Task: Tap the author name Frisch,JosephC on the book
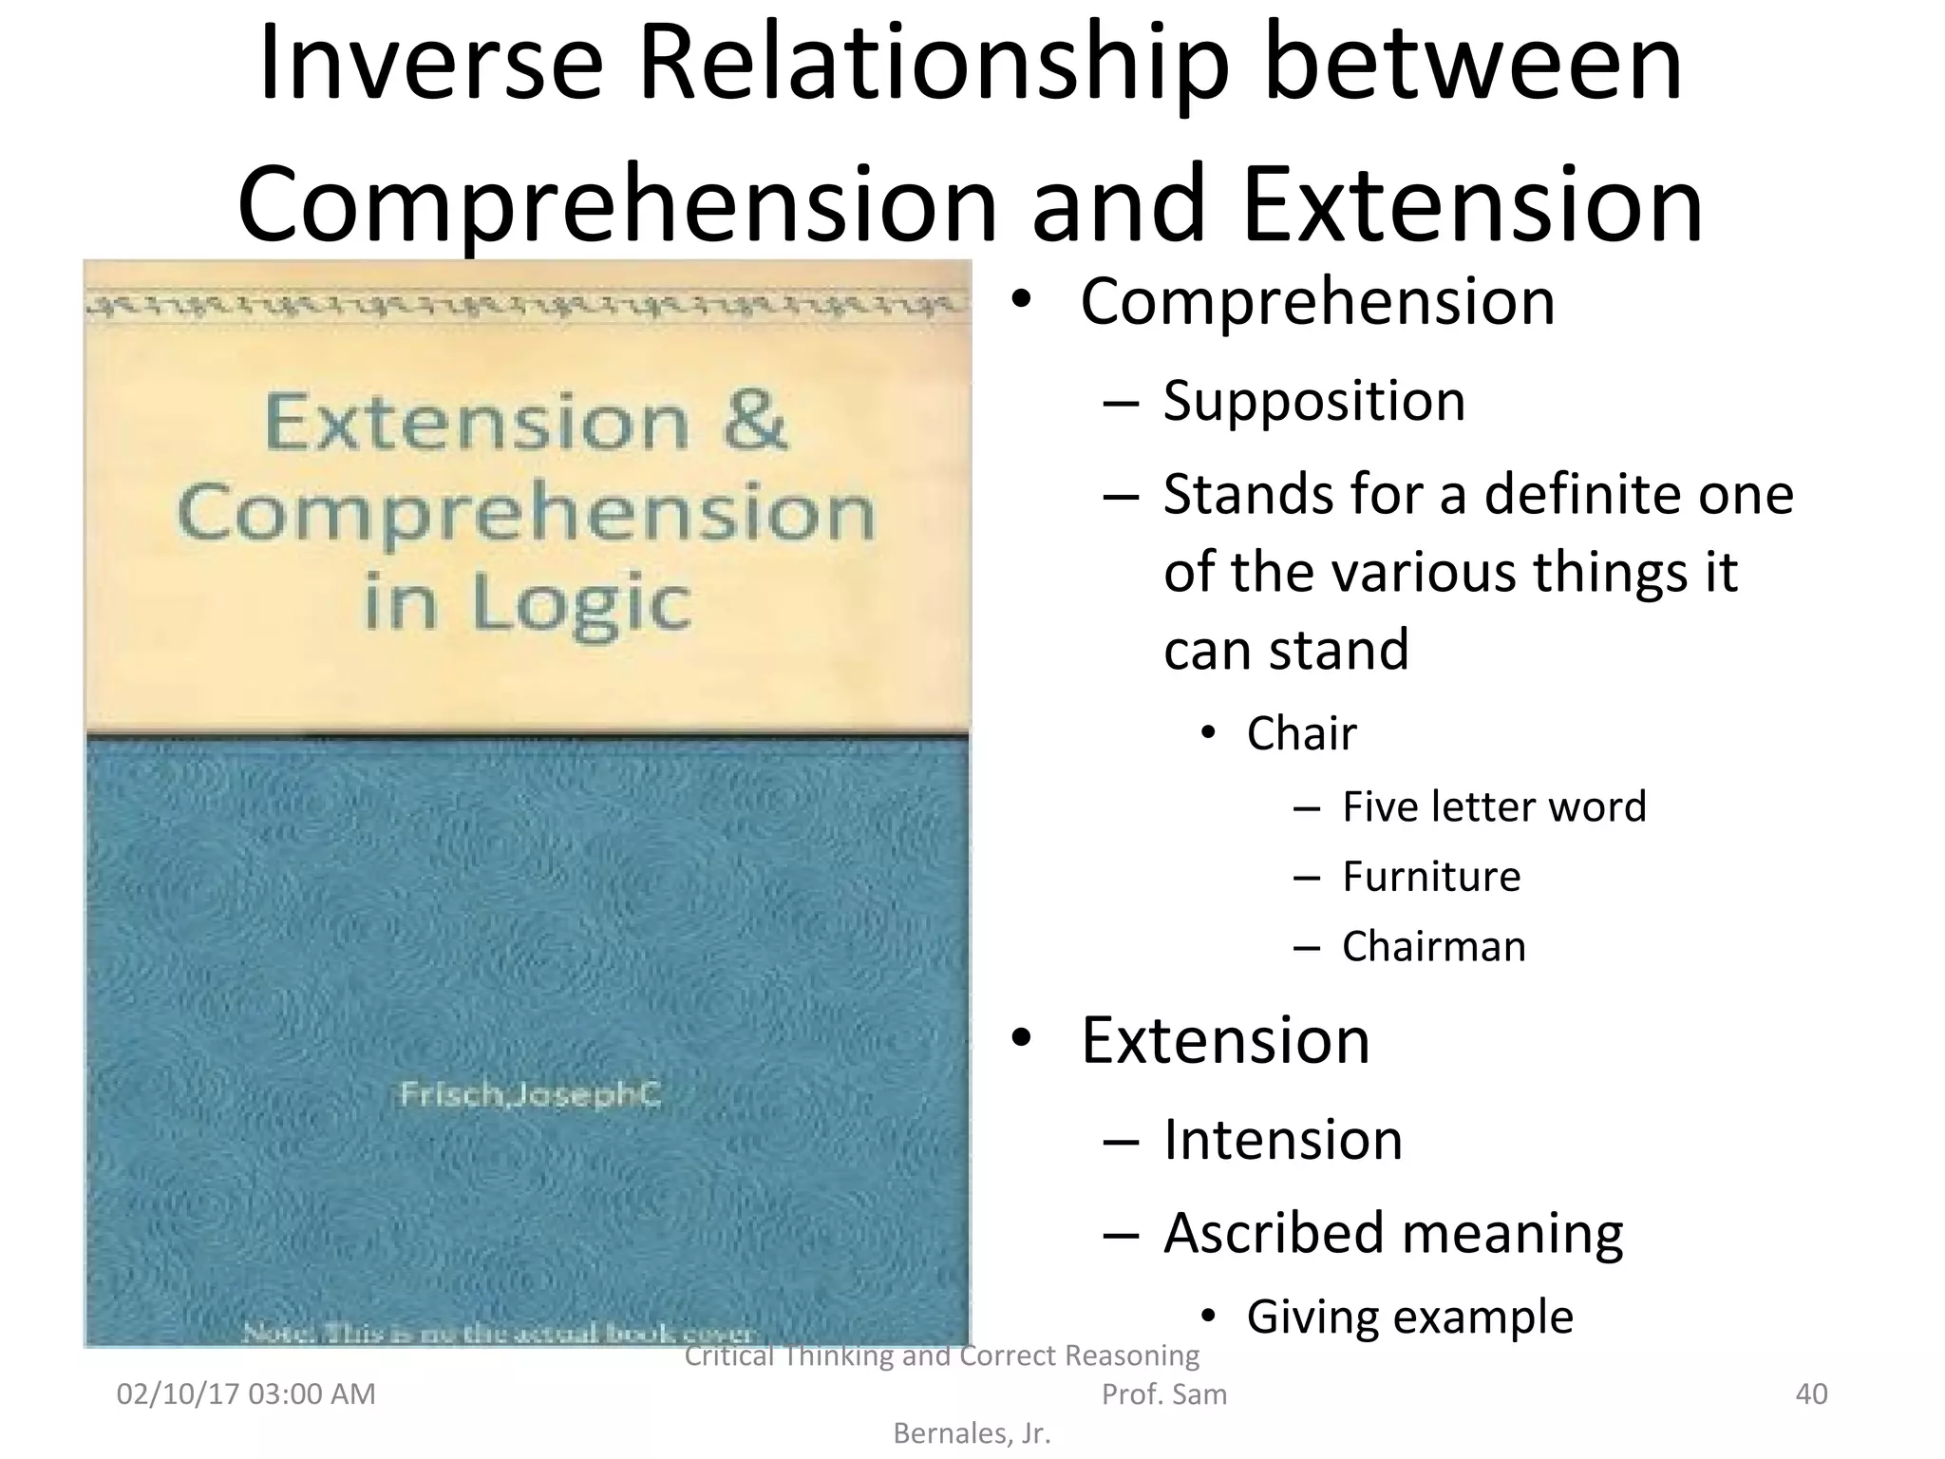point(529,1095)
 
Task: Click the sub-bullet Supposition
point(1313,401)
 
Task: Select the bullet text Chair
point(1301,733)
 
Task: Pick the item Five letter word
point(1493,806)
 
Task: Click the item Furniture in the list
point(1430,876)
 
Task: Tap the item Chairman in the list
point(1433,946)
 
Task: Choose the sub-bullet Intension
point(1282,1139)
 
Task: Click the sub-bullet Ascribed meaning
point(1392,1233)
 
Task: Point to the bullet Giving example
point(1409,1317)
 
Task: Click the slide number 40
point(1811,1393)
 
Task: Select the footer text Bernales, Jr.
point(972,1433)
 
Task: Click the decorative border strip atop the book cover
point(527,307)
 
